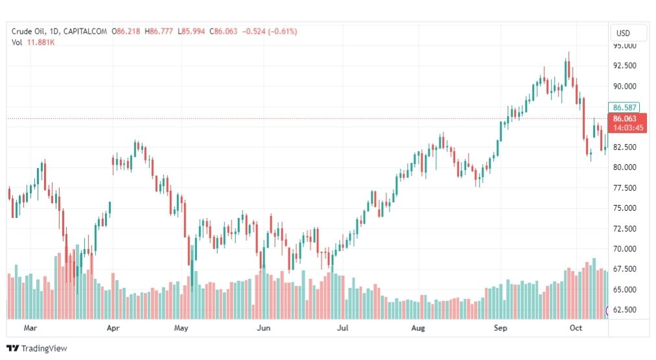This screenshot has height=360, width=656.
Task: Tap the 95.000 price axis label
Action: tap(624, 46)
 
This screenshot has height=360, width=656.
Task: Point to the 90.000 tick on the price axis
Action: tap(624, 86)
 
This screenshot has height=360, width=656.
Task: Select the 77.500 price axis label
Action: tap(624, 188)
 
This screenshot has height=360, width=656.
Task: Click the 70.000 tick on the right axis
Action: tap(624, 249)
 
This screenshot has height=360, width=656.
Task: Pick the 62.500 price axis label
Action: tap(624, 310)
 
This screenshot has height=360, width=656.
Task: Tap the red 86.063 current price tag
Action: tap(626, 119)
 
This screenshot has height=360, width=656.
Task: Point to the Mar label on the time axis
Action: tap(30, 328)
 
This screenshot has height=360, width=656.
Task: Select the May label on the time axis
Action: tap(181, 328)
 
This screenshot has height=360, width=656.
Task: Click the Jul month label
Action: tap(343, 328)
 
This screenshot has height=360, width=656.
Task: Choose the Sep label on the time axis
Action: tap(500, 328)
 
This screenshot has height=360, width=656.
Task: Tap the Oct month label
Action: tap(576, 328)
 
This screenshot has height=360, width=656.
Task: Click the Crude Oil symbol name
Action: tap(29, 31)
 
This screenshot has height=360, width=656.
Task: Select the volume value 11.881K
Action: tap(41, 42)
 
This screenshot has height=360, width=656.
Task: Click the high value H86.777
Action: tap(159, 31)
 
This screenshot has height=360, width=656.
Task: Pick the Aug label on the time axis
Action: tap(418, 328)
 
